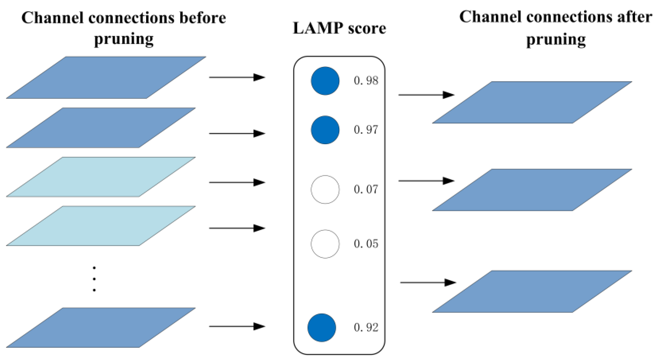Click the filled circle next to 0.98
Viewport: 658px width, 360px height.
325,81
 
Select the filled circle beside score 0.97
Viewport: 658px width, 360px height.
325,130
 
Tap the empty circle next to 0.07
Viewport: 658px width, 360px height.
325,190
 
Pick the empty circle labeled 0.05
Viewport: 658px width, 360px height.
325,244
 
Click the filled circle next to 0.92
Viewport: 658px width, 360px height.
322,328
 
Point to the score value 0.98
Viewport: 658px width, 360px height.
366,80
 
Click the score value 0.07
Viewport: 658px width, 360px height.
366,190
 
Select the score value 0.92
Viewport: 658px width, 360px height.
366,328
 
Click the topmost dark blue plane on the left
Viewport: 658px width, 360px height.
106,78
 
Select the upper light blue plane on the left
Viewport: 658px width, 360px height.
101,177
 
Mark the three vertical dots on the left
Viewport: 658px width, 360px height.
94,279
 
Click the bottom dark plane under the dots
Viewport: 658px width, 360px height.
101,327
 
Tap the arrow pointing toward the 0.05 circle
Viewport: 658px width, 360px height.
237,228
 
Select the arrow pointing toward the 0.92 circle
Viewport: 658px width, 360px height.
237,326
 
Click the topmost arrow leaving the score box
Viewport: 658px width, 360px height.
426,95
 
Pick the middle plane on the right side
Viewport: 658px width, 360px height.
532,190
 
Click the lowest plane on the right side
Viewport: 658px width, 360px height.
532,291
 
